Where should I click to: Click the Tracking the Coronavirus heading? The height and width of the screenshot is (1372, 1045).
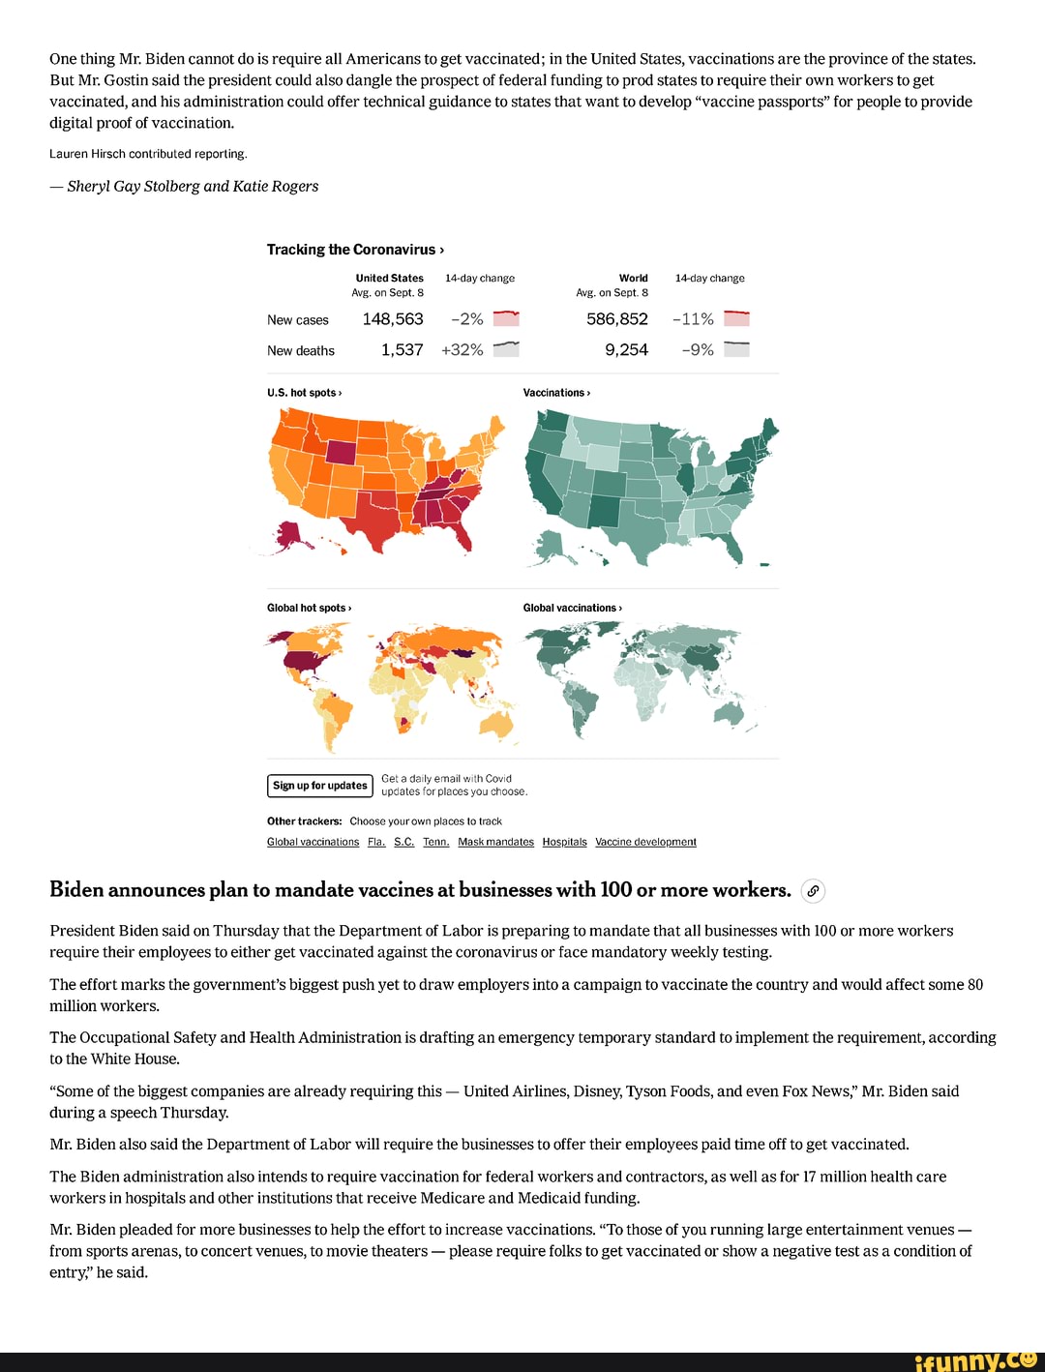(355, 250)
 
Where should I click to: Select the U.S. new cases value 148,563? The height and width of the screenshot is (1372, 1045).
(393, 319)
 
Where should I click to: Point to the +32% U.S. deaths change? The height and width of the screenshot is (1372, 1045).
(463, 350)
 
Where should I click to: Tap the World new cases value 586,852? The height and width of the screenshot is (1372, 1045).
(616, 319)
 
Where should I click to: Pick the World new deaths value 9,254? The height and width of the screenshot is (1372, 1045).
(626, 350)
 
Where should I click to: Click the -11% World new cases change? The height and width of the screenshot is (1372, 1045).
(693, 319)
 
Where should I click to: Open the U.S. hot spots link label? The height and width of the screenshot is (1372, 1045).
(304, 393)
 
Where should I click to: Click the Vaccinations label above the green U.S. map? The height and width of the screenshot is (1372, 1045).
(556, 393)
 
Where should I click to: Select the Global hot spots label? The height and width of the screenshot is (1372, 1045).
(309, 608)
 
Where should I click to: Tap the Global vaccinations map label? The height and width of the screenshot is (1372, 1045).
(572, 608)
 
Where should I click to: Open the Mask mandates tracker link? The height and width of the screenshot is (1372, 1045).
(495, 842)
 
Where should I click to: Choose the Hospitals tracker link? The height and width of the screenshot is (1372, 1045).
(564, 842)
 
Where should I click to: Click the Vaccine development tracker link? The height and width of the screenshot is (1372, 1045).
(645, 842)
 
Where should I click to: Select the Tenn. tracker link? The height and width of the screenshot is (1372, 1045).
(435, 842)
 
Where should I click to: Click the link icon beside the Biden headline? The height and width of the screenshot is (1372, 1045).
(814, 891)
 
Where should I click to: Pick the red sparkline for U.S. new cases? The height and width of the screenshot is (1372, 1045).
(506, 319)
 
